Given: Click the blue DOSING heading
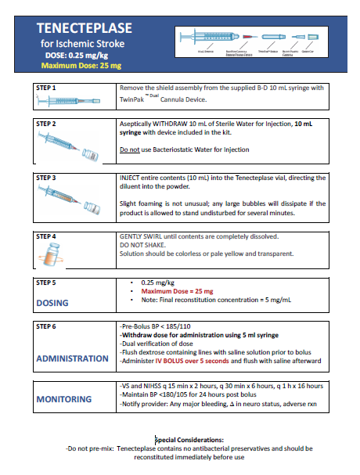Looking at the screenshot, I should [52, 302].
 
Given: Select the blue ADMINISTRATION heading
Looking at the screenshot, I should [73, 358].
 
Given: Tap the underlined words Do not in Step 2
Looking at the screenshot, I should [130, 149].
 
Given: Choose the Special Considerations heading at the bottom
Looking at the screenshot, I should [189, 440].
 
